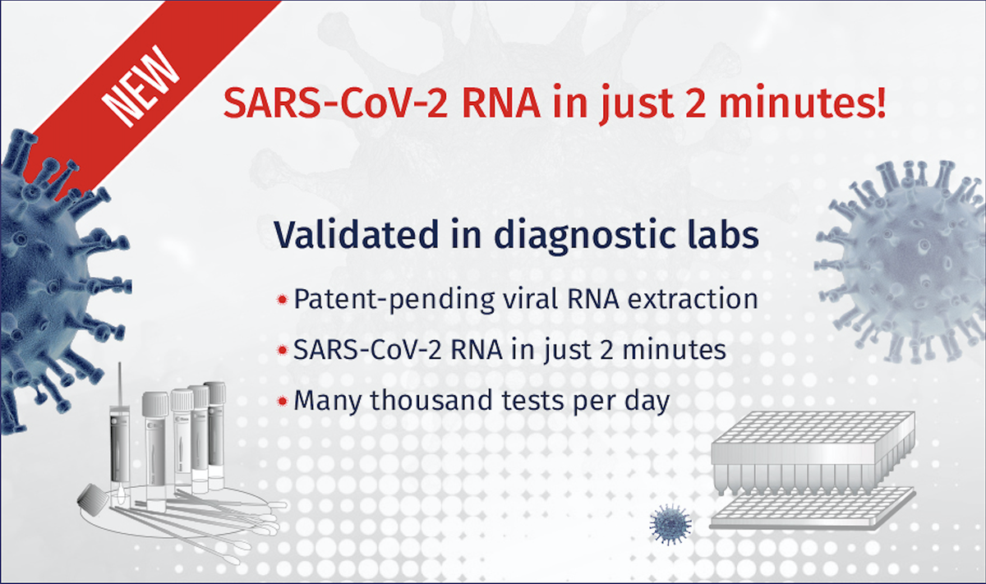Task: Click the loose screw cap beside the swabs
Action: coord(91,498)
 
